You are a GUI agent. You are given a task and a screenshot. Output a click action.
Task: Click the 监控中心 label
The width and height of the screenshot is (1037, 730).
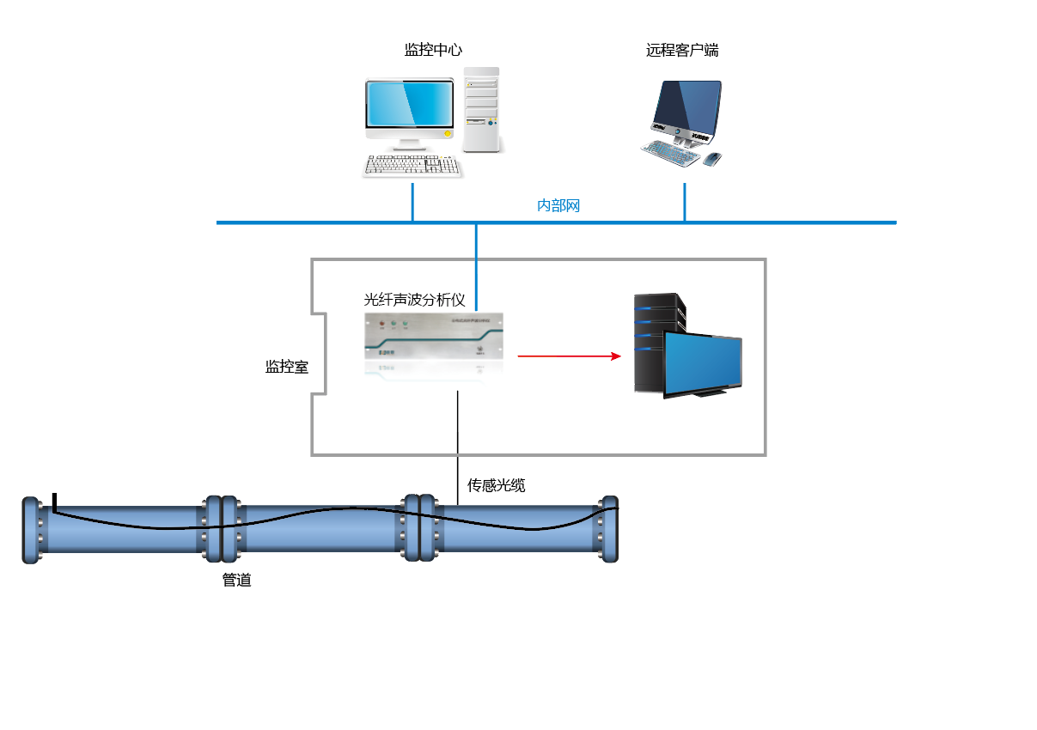pyautogui.click(x=433, y=51)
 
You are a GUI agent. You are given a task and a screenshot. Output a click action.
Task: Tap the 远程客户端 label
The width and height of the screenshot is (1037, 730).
pyautogui.click(x=682, y=51)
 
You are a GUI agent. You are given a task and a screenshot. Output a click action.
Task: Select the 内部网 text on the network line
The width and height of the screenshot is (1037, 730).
pyautogui.click(x=558, y=206)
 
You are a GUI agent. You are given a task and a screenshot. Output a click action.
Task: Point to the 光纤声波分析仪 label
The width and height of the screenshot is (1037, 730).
pyautogui.click(x=414, y=300)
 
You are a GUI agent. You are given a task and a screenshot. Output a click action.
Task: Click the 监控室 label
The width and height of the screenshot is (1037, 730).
pyautogui.click(x=286, y=367)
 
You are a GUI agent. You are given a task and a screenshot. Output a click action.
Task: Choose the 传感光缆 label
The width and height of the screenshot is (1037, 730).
pyautogui.click(x=496, y=486)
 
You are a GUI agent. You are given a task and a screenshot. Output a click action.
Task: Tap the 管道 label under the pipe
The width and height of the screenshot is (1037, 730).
pyautogui.click(x=236, y=581)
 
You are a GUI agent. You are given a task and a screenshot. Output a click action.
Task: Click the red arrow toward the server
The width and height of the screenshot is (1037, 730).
pyautogui.click(x=569, y=356)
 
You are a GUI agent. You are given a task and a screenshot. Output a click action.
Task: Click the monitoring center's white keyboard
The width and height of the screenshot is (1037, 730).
pyautogui.click(x=412, y=166)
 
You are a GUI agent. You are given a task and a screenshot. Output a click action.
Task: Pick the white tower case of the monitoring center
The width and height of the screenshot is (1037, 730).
pyautogui.click(x=481, y=110)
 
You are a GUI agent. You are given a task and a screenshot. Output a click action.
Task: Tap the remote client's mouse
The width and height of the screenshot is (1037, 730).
pyautogui.click(x=712, y=159)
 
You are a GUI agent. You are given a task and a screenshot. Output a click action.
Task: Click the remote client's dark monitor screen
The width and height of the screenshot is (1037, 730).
pyautogui.click(x=686, y=106)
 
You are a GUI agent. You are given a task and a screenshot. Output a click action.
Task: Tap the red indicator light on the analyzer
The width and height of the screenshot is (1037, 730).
pyautogui.click(x=382, y=325)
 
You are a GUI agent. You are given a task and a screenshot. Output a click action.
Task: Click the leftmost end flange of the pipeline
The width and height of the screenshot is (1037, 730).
pyautogui.click(x=31, y=530)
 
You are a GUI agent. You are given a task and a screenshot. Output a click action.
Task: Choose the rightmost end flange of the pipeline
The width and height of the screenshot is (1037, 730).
pyautogui.click(x=609, y=530)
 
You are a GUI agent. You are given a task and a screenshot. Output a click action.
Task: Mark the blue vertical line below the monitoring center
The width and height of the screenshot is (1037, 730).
pyautogui.click(x=412, y=201)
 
